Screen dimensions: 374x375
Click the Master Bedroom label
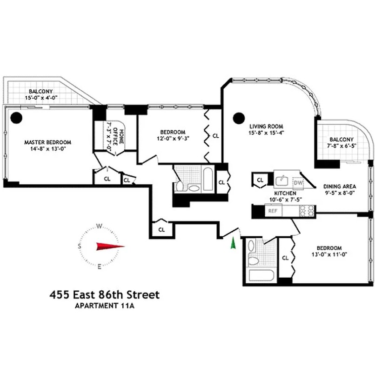(x=47, y=142)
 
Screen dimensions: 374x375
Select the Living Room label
(x=266, y=126)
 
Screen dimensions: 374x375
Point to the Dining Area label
(x=340, y=187)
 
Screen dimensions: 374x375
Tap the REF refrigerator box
(x=273, y=211)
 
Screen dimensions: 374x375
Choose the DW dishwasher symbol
(x=298, y=183)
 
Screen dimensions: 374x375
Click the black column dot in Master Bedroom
(x=17, y=117)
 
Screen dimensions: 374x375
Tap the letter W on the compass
(x=99, y=226)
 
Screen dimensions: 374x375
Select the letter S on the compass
(x=80, y=246)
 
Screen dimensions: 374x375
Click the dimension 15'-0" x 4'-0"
(x=41, y=98)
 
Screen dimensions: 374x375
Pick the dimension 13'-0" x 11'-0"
(x=329, y=254)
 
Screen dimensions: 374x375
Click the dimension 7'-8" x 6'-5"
(x=342, y=147)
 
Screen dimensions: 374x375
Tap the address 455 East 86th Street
(x=105, y=295)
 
